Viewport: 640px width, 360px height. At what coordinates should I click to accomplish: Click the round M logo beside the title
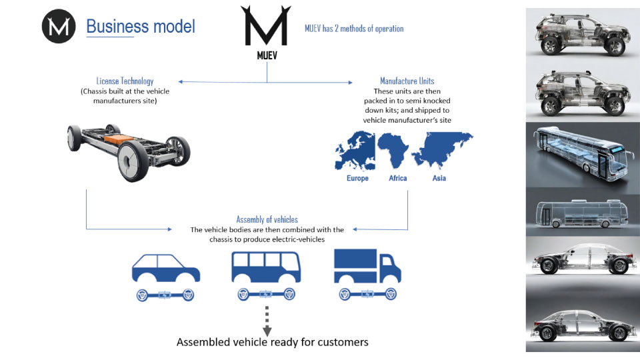click(x=59, y=27)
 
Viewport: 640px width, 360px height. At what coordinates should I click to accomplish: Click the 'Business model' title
click(x=141, y=27)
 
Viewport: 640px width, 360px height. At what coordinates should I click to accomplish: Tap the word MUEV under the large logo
click(x=267, y=55)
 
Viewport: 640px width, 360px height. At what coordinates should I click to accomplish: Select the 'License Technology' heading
click(x=125, y=81)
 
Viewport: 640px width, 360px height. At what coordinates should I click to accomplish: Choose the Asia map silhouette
click(x=442, y=147)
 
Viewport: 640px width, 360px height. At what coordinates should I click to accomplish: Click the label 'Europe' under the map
click(x=357, y=179)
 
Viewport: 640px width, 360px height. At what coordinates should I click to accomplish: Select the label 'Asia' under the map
click(x=439, y=179)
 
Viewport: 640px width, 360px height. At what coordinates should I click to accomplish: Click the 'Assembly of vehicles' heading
click(x=267, y=219)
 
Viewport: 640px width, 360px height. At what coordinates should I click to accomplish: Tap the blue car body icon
click(x=166, y=268)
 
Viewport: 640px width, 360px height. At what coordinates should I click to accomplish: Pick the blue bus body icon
click(x=266, y=267)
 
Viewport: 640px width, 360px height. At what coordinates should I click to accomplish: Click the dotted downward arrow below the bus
click(x=267, y=321)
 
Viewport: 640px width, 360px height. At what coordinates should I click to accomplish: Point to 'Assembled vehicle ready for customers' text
click(x=272, y=342)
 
